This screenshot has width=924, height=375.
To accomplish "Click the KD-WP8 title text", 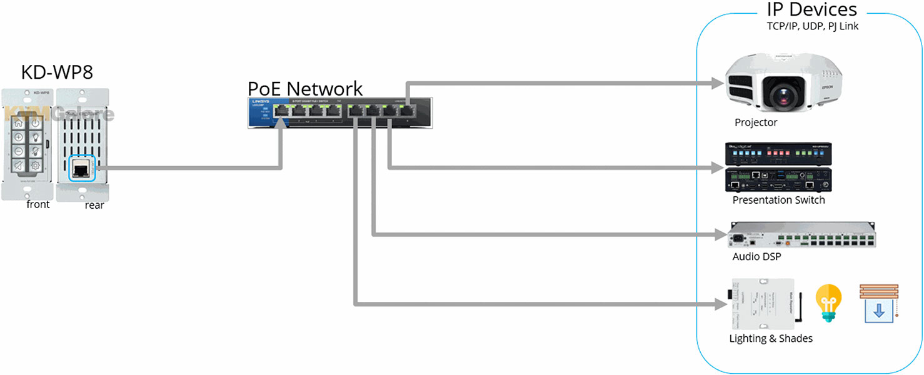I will [x=57, y=72].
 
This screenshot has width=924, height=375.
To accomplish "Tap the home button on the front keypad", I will [x=19, y=123].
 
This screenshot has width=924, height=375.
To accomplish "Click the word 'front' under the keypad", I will [x=38, y=204].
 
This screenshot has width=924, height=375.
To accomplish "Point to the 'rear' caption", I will [x=94, y=205].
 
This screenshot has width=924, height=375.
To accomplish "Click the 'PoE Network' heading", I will [x=305, y=88].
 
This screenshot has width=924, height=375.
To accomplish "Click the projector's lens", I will [x=782, y=94].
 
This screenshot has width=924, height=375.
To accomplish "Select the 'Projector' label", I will [x=756, y=122].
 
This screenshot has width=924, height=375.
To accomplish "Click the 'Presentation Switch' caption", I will [x=778, y=200].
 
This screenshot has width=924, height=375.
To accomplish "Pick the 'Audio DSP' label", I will [x=756, y=256].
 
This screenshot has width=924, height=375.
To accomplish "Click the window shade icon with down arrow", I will [x=878, y=304].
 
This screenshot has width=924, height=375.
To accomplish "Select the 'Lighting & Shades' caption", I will [x=771, y=338].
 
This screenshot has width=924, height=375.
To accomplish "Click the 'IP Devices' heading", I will [x=811, y=9].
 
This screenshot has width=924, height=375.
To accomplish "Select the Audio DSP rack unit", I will [x=801, y=236].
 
